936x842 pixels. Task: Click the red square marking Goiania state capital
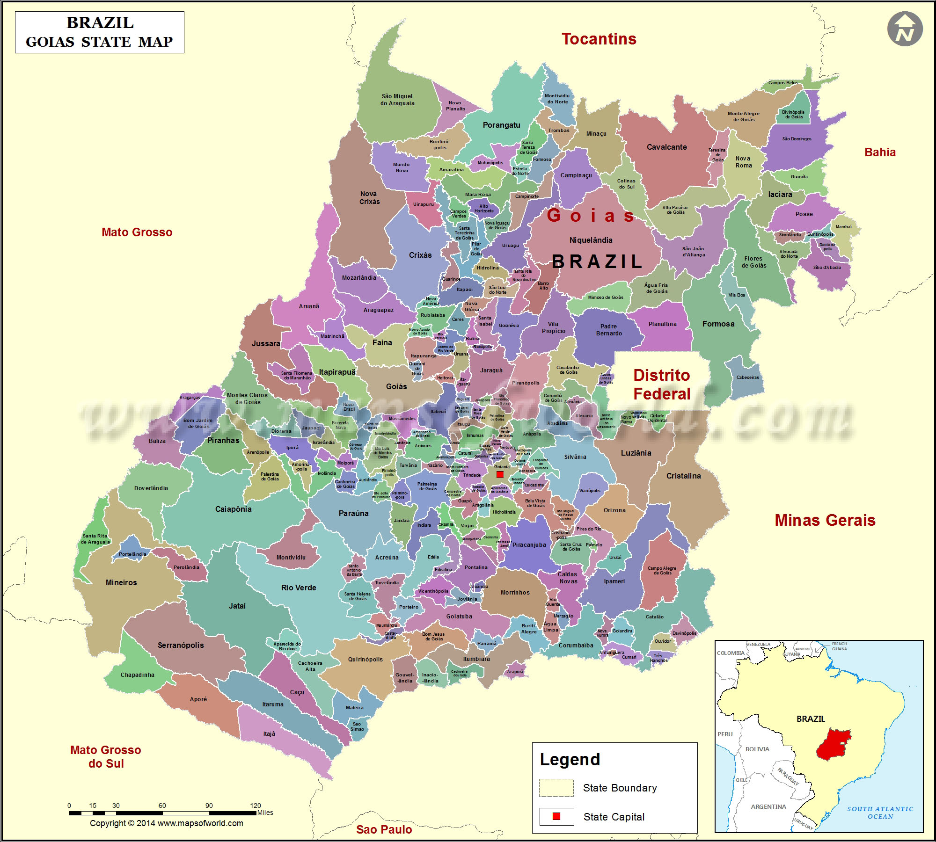click(x=500, y=474)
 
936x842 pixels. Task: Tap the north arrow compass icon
click(x=905, y=29)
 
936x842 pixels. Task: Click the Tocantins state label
click(x=599, y=39)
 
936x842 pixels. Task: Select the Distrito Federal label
click(x=661, y=385)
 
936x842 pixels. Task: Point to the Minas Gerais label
click(x=825, y=520)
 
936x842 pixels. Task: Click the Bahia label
click(x=880, y=152)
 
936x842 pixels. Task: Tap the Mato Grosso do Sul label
click(x=106, y=756)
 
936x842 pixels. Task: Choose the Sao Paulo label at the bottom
click(x=384, y=829)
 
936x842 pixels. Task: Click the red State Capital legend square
click(x=556, y=816)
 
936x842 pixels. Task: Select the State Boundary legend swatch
click(x=556, y=788)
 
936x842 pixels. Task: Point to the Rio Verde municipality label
click(x=299, y=588)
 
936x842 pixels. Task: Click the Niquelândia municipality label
click(x=591, y=240)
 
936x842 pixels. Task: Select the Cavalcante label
click(x=666, y=147)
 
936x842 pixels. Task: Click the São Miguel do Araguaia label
click(x=397, y=100)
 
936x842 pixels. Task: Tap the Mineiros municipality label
click(x=121, y=582)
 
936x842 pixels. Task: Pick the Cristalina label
click(x=683, y=476)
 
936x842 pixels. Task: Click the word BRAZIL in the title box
click(x=100, y=22)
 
